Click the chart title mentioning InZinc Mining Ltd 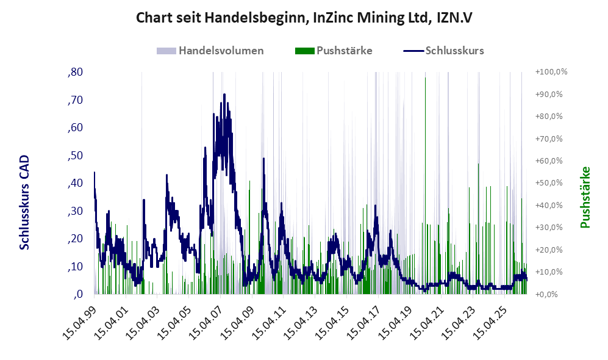[304, 18]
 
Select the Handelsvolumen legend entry [210, 51]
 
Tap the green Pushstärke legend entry [334, 51]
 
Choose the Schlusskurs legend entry [443, 51]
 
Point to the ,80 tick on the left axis [75, 72]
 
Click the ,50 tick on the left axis [75, 156]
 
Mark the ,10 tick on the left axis [75, 267]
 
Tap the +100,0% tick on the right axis [551, 72]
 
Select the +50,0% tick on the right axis [549, 182]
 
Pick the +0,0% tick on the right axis [546, 294]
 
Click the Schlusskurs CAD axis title [24, 203]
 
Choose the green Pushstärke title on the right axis [585, 198]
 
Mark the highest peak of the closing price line [224, 94]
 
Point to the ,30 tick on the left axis [75, 211]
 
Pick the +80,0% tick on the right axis [549, 117]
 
